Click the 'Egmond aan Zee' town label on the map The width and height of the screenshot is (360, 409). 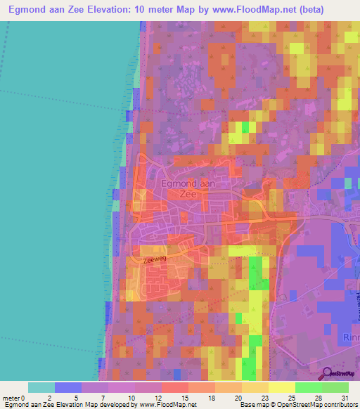(187, 188)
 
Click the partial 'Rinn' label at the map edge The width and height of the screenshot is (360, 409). (350, 337)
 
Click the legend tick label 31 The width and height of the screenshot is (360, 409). (345, 398)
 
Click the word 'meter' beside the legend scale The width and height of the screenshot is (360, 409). (11, 398)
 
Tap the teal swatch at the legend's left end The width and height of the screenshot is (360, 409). (41, 387)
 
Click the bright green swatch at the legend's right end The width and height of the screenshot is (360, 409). (335, 387)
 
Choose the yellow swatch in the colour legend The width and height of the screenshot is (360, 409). (281, 387)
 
